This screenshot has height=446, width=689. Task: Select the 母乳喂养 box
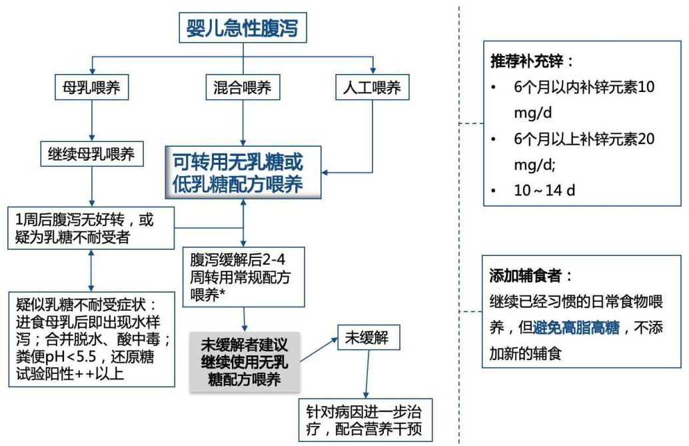91,87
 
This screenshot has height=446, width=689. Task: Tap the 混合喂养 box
242,87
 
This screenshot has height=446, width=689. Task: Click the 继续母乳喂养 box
92,155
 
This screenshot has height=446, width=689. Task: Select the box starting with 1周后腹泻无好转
91,227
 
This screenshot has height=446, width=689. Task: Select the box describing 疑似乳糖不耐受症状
91,339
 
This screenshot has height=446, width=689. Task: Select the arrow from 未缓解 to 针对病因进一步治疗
365,375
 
